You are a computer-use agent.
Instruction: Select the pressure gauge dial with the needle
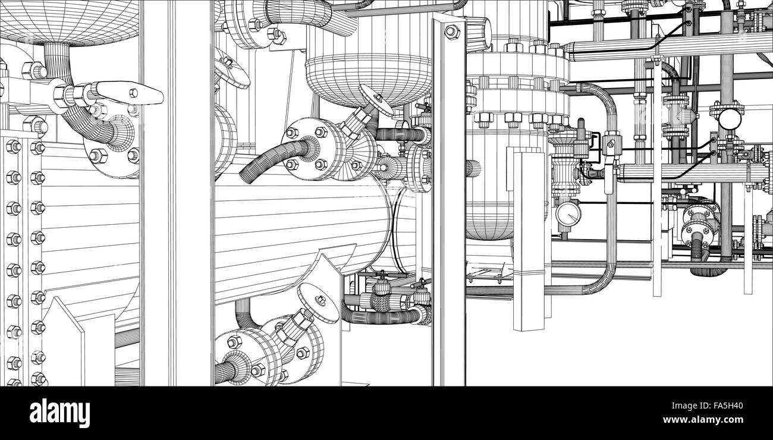[568, 213]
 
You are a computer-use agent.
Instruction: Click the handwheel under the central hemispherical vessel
[376, 99]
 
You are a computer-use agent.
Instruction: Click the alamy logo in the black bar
[59, 413]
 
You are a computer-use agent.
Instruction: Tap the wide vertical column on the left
[177, 193]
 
